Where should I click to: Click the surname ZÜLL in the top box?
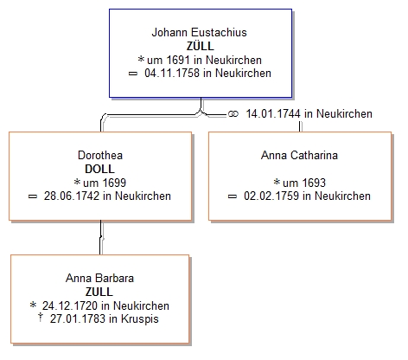point(201,46)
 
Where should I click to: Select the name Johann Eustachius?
point(200,32)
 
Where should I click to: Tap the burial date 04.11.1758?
point(172,73)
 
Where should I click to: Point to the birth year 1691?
point(178,60)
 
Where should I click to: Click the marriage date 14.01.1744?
point(273,113)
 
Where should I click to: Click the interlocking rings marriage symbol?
point(233,114)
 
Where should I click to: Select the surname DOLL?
point(99,169)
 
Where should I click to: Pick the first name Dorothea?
point(100,155)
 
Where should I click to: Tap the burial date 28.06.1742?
point(71,196)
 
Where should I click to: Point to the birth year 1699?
point(114,183)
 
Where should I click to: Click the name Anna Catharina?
point(299,155)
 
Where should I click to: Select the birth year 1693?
point(314,183)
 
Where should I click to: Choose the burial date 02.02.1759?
point(271,196)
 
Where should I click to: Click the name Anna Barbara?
point(99,278)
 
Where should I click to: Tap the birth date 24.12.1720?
point(70,305)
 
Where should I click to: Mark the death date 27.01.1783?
point(78,318)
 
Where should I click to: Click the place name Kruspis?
point(140,319)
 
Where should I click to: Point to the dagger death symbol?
point(41,318)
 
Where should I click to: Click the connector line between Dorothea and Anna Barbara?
point(101,237)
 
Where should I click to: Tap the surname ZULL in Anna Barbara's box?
point(99,292)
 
